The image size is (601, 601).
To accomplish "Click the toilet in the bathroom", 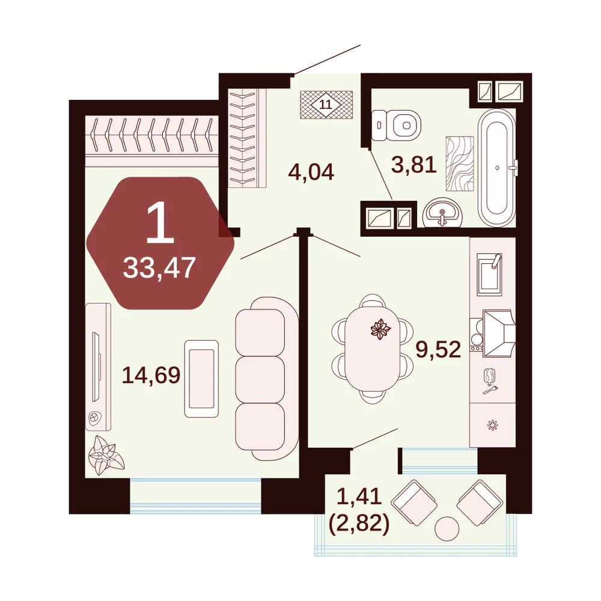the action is (x=396, y=126).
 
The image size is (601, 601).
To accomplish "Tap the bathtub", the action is (x=497, y=168).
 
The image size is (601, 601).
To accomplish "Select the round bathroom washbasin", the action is (x=443, y=213).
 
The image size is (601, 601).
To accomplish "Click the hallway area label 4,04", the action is (x=311, y=172).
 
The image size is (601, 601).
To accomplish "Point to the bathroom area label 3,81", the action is (x=414, y=165).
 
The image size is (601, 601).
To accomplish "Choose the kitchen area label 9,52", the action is (x=438, y=350).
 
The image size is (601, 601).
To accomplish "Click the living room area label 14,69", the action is (x=151, y=375).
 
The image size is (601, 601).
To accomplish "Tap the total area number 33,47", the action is (x=159, y=268).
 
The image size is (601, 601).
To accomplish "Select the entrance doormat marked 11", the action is (x=326, y=105).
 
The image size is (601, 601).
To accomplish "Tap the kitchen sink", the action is (x=489, y=275).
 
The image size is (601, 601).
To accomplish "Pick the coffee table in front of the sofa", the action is (x=201, y=379).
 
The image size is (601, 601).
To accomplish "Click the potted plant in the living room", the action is (x=106, y=456).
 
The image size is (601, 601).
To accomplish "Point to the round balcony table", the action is (x=447, y=529).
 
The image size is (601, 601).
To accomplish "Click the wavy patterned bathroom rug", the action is (x=460, y=163).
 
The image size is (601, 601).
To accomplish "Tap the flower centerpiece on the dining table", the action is (x=380, y=329).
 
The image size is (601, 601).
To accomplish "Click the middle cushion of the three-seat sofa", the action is (x=260, y=379).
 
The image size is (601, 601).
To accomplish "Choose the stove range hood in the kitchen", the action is (x=498, y=334).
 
